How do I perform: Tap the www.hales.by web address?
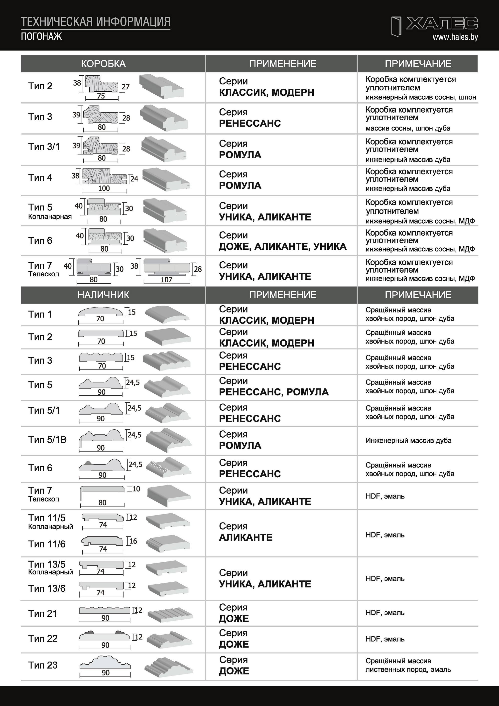(x=455, y=37)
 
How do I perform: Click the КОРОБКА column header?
(x=103, y=64)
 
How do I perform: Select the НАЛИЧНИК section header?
(x=103, y=295)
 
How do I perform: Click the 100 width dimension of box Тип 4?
(x=104, y=188)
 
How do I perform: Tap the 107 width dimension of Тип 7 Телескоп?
(x=166, y=280)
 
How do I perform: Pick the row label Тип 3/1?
(x=44, y=147)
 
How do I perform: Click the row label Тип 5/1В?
(x=47, y=439)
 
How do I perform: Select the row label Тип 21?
(x=43, y=613)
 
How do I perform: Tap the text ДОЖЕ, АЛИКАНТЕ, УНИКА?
(x=282, y=246)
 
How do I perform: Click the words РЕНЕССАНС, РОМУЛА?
(x=274, y=392)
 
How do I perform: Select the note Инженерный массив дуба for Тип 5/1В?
(x=408, y=440)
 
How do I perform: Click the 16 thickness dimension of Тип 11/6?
(x=133, y=541)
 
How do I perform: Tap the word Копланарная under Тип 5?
(x=50, y=216)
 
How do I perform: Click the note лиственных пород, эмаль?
(x=408, y=669)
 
